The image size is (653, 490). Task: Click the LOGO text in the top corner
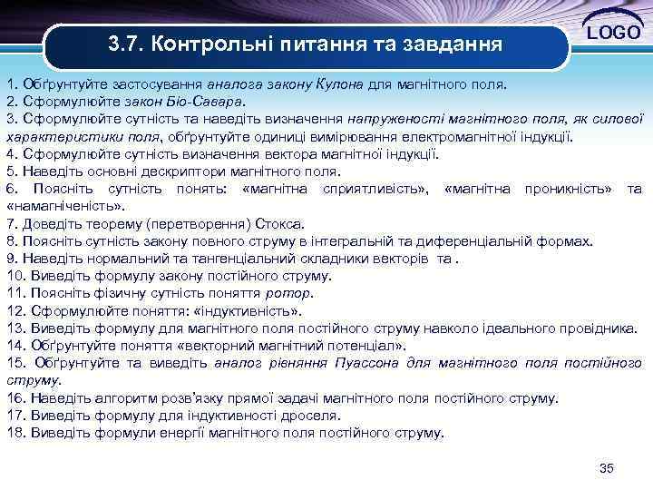click(616, 34)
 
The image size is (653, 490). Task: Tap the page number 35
click(607, 468)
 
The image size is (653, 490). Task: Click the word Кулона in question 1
click(339, 84)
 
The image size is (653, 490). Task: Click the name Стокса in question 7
click(282, 223)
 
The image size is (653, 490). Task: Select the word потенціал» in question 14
click(364, 346)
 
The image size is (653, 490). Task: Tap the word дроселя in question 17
click(310, 416)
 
